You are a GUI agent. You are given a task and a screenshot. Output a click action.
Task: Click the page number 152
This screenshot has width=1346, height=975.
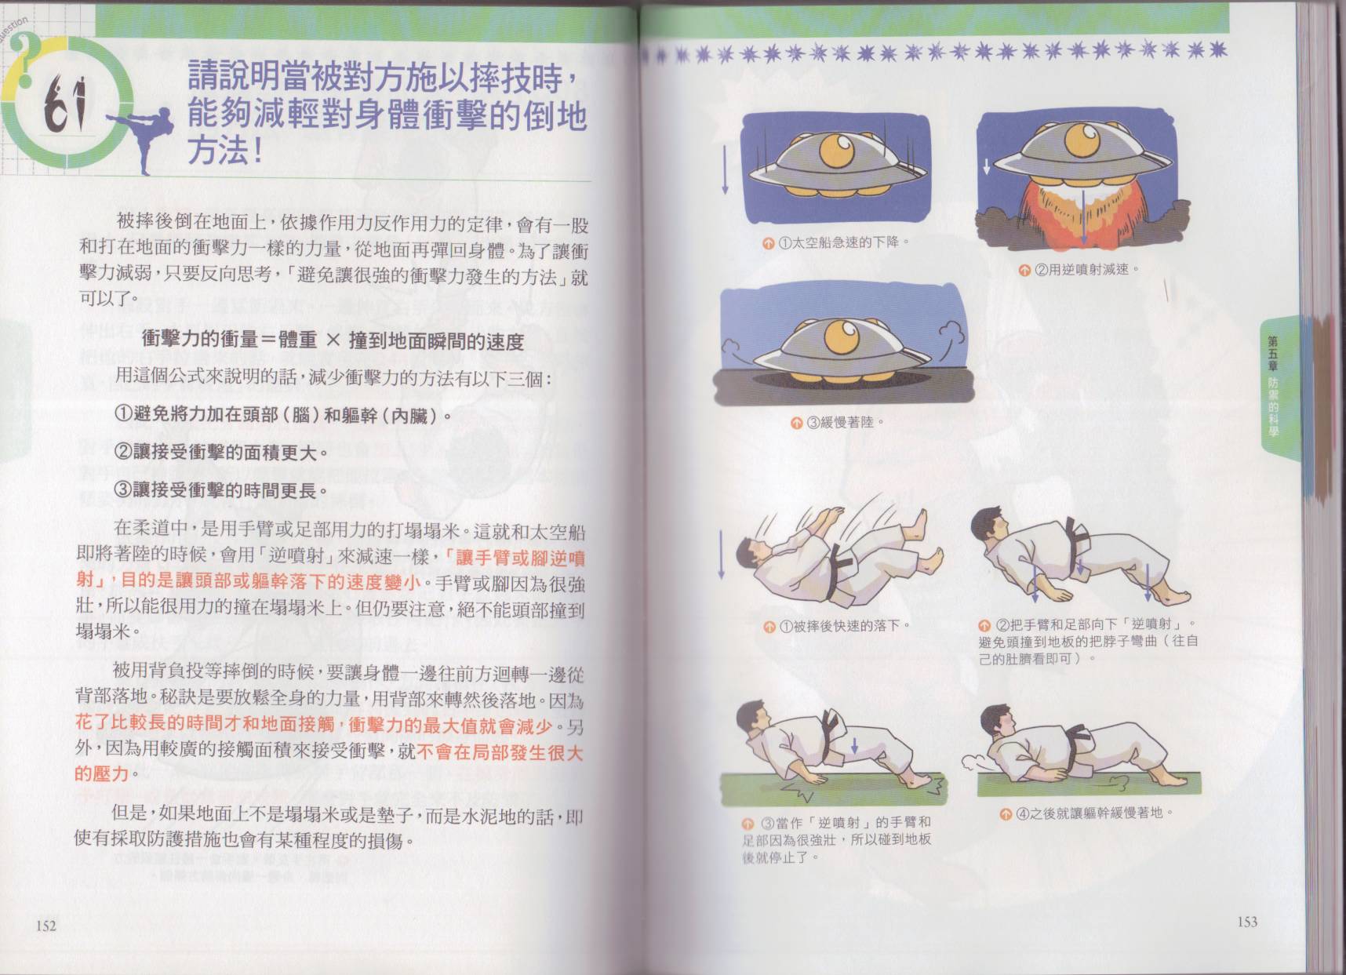tap(46, 926)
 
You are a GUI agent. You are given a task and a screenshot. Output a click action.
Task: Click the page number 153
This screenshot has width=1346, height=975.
tap(1247, 922)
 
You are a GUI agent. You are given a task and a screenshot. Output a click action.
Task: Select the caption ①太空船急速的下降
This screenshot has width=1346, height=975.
tap(836, 242)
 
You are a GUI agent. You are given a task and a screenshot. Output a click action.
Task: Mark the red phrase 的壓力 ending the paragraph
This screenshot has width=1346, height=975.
tap(101, 773)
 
